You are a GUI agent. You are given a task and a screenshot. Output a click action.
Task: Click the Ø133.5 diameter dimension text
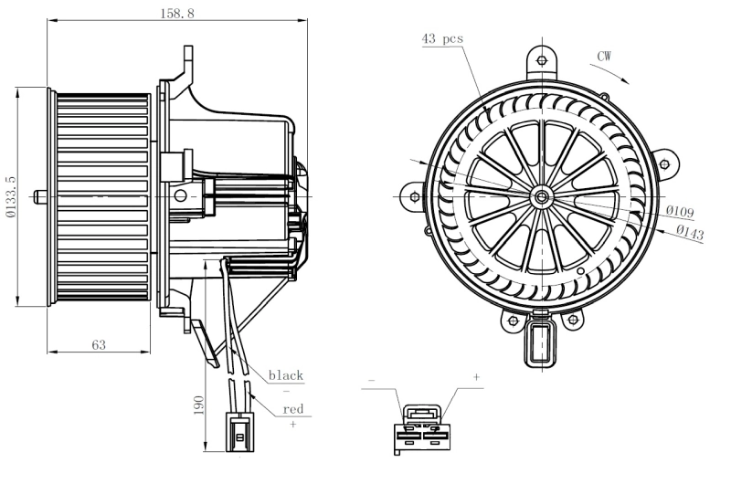(10, 197)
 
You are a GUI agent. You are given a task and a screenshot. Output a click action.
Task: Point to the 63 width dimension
(99, 344)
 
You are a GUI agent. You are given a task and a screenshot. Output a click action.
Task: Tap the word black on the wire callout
(285, 375)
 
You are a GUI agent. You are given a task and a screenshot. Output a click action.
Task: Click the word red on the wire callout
(292, 409)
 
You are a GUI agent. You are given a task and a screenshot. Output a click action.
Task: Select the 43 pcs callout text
(442, 38)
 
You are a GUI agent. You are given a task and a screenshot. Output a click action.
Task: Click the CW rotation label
(604, 57)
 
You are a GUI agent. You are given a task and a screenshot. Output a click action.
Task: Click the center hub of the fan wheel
(543, 195)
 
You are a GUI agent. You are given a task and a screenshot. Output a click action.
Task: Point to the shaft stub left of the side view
(40, 195)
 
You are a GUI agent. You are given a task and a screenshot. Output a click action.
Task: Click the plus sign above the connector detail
(476, 377)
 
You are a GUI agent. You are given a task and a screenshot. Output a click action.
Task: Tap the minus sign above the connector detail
(371, 377)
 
